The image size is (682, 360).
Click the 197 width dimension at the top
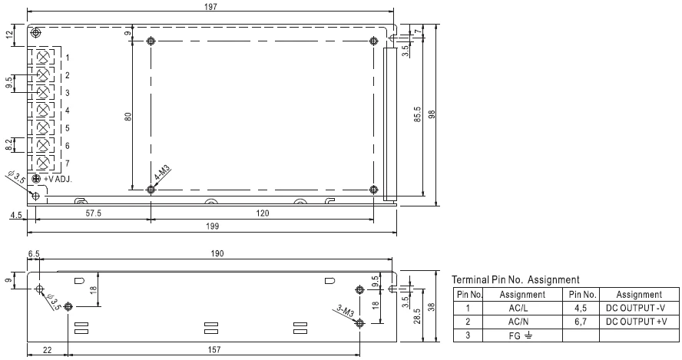(x=210, y=6)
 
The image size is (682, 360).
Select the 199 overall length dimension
(x=212, y=226)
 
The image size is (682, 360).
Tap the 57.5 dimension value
(x=93, y=213)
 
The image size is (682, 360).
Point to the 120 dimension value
(x=262, y=213)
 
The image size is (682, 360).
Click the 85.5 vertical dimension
(x=418, y=115)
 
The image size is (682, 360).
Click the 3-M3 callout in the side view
(x=346, y=312)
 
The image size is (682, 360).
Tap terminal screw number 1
(x=43, y=57)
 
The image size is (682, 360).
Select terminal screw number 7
(x=43, y=163)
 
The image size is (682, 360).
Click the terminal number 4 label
(x=68, y=111)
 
